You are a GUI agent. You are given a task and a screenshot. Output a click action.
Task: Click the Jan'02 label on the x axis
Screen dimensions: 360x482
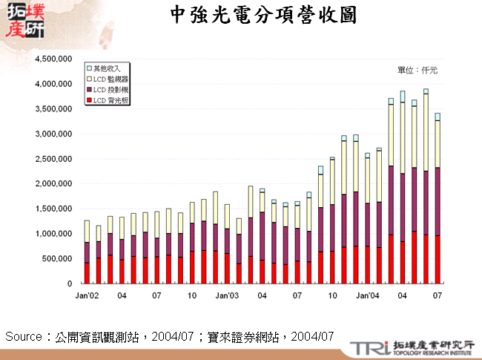(x=87, y=295)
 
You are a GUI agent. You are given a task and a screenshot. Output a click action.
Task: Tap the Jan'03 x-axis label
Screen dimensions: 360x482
(x=226, y=295)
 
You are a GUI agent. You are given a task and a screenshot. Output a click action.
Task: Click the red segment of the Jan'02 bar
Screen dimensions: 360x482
(x=87, y=272)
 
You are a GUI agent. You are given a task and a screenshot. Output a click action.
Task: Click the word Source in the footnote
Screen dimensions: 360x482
(x=24, y=336)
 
